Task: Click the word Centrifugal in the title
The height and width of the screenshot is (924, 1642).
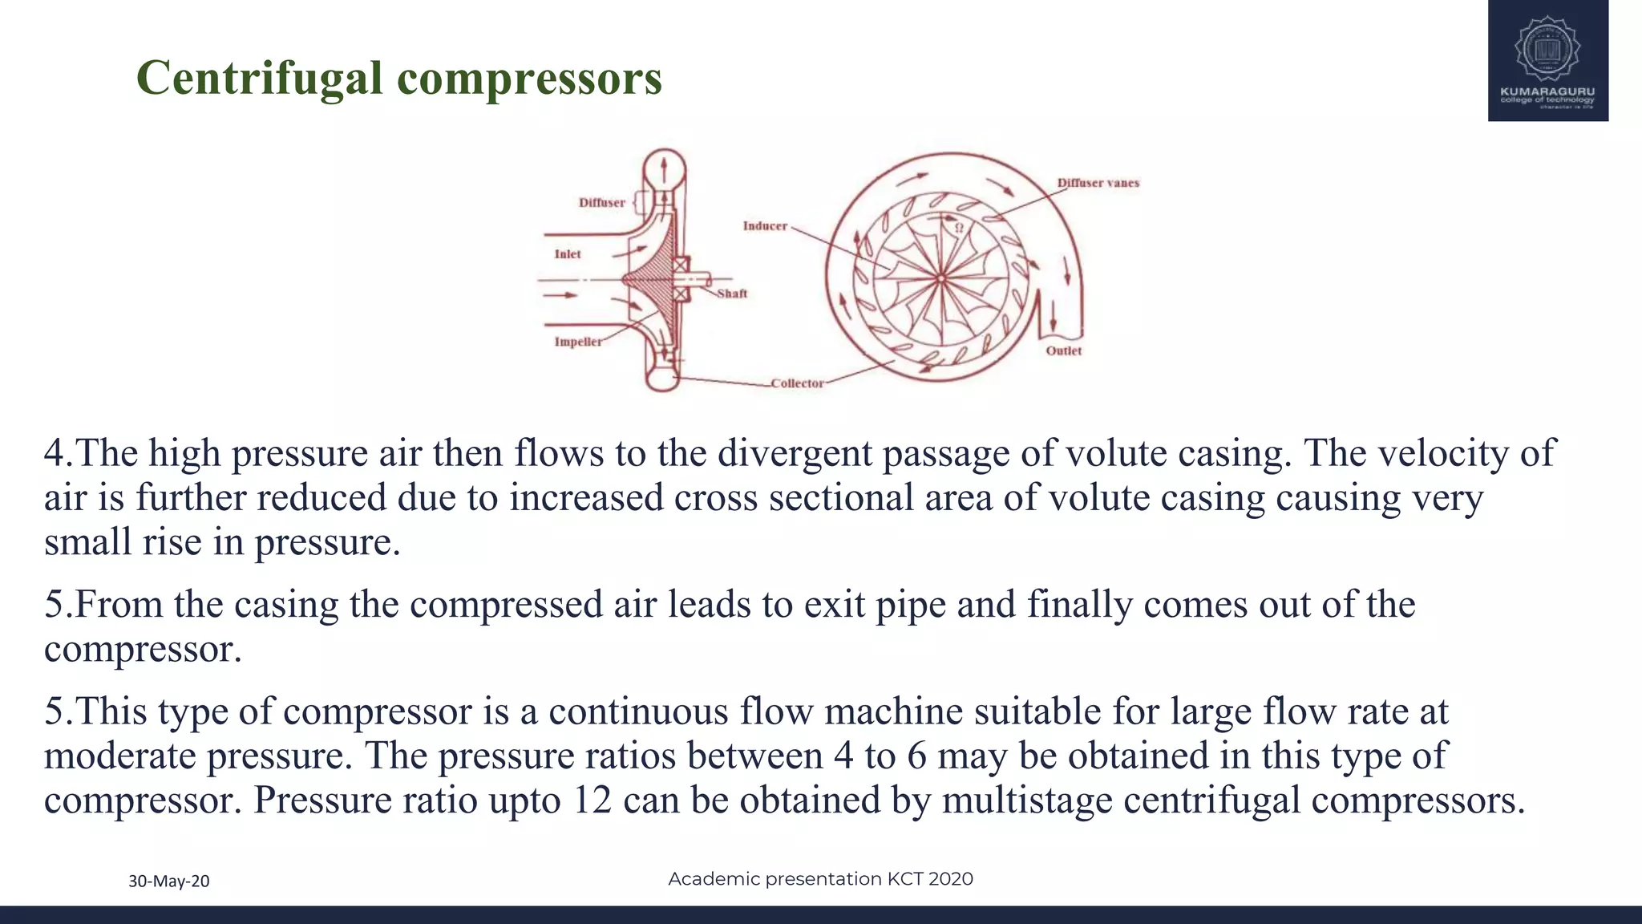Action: coord(259,79)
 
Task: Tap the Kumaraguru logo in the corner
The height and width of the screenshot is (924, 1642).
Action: coord(1547,60)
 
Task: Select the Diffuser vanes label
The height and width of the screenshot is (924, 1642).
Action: coord(1098,183)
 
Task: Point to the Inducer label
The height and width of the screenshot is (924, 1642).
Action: coord(765,226)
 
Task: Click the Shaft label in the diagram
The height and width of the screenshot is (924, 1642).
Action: coord(732,294)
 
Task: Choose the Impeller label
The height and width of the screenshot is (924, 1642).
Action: coord(577,342)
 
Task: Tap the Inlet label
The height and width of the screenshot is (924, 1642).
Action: coord(568,254)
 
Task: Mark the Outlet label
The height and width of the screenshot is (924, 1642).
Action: coord(1063,351)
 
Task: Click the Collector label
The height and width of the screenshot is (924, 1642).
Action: coord(797,383)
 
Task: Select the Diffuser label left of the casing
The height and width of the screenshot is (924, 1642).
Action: coord(601,203)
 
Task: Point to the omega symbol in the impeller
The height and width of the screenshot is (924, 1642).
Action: coord(958,228)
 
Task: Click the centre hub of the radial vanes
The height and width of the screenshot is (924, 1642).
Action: coord(940,278)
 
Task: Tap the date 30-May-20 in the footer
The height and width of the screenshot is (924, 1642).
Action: coord(169,881)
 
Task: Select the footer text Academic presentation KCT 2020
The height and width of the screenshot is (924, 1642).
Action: coord(820,879)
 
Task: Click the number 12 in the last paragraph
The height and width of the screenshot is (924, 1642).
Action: coord(592,800)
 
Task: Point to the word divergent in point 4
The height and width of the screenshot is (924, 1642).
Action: coord(795,453)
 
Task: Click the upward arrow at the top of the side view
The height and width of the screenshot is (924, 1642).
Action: coord(664,169)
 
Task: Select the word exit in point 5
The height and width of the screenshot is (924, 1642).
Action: coord(834,604)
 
